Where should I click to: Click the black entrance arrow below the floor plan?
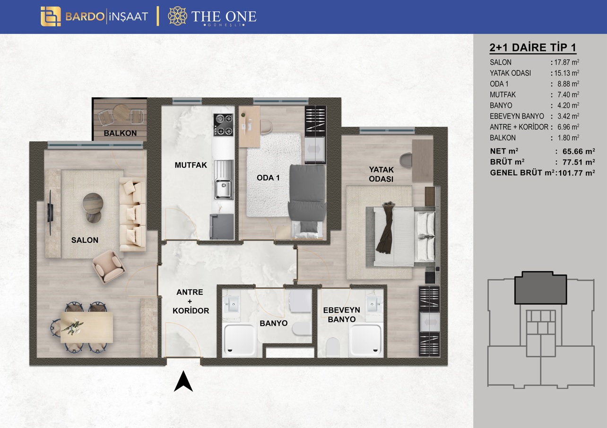click(x=183, y=382)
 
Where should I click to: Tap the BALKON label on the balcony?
click(x=120, y=133)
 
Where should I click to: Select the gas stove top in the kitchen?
click(x=223, y=125)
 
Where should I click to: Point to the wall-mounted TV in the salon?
click(x=51, y=213)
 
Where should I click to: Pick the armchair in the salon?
click(x=109, y=266)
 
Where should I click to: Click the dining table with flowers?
click(x=87, y=327)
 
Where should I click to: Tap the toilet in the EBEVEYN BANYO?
click(x=333, y=347)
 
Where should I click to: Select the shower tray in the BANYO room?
click(x=240, y=340)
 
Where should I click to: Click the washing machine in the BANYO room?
click(x=300, y=301)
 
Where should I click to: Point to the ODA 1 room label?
click(x=268, y=178)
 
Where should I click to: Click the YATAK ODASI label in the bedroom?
click(x=381, y=174)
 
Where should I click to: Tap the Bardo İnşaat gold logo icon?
click(x=51, y=17)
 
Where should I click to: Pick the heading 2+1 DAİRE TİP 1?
click(x=533, y=48)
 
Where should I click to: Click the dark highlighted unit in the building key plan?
click(x=541, y=288)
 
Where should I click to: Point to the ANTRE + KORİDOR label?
click(x=191, y=301)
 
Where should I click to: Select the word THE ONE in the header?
click(x=224, y=17)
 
